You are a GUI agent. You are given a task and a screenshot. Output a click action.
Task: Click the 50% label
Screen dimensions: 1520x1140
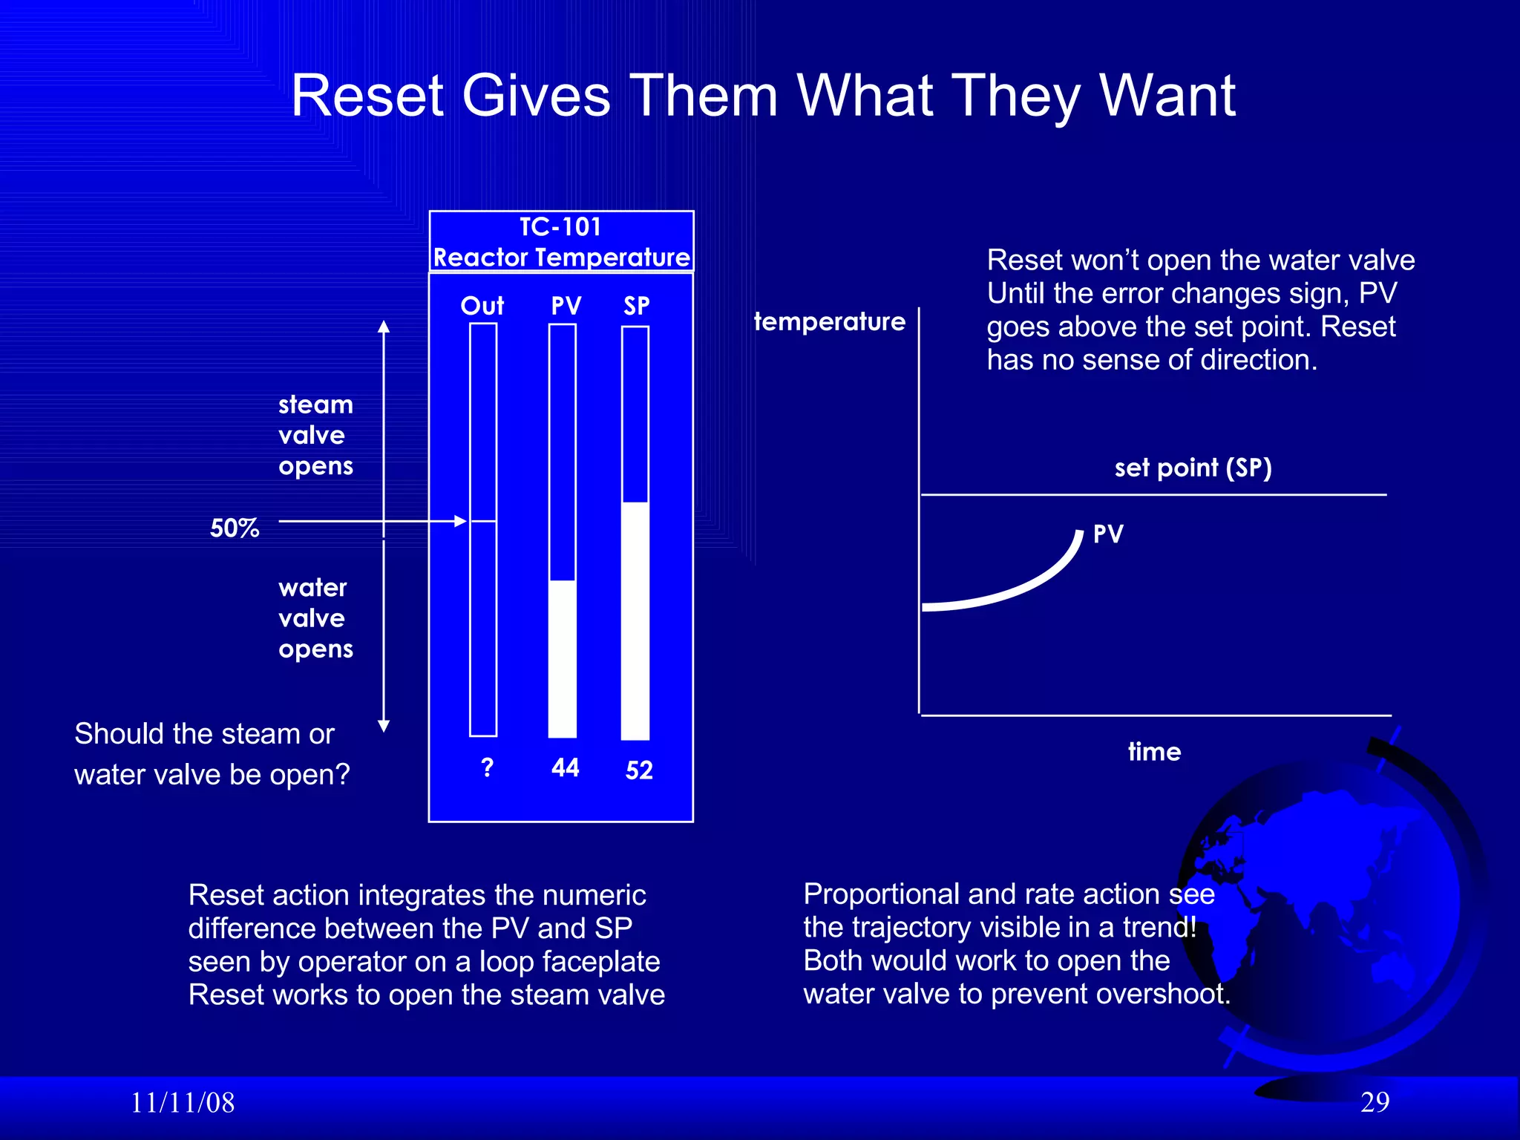pyautogui.click(x=234, y=528)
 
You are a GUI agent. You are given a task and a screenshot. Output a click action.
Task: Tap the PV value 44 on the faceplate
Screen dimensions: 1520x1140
pyautogui.click(x=565, y=767)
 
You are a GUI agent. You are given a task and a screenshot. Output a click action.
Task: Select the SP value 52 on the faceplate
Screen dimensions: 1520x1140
pyautogui.click(x=639, y=770)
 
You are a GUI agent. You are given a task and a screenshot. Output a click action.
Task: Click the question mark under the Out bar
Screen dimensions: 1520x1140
pyautogui.click(x=487, y=767)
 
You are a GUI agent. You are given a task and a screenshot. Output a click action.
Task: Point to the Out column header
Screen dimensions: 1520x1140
pyautogui.click(x=482, y=306)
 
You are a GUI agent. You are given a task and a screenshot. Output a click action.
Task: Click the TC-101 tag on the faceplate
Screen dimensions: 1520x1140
pyautogui.click(x=560, y=227)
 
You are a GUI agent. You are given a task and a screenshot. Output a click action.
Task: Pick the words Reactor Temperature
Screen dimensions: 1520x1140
pyautogui.click(x=562, y=258)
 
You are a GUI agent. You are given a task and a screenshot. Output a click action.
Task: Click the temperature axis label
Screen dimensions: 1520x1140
pyautogui.click(x=829, y=321)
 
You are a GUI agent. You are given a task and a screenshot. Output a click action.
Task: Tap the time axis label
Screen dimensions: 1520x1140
pyautogui.click(x=1154, y=752)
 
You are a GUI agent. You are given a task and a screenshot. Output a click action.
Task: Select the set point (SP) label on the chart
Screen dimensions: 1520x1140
pyautogui.click(x=1193, y=468)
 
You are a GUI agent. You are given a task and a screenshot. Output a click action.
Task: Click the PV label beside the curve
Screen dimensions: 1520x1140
pyautogui.click(x=1108, y=534)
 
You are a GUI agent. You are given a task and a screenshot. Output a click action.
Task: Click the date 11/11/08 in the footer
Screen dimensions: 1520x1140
pyautogui.click(x=183, y=1103)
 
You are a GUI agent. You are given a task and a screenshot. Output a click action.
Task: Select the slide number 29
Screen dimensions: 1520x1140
pyautogui.click(x=1375, y=1102)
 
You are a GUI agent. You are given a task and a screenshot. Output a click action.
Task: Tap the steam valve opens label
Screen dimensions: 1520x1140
pyautogui.click(x=315, y=436)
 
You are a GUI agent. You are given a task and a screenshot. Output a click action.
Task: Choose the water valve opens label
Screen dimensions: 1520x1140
pyautogui.click(x=315, y=618)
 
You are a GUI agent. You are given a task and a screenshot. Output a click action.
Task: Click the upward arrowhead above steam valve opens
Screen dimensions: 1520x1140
pyautogui.click(x=384, y=327)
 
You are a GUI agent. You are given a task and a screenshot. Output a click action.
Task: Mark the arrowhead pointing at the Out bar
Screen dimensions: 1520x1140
pyautogui.click(x=460, y=522)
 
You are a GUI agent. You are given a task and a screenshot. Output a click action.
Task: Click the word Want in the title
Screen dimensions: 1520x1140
pyautogui.click(x=1167, y=96)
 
